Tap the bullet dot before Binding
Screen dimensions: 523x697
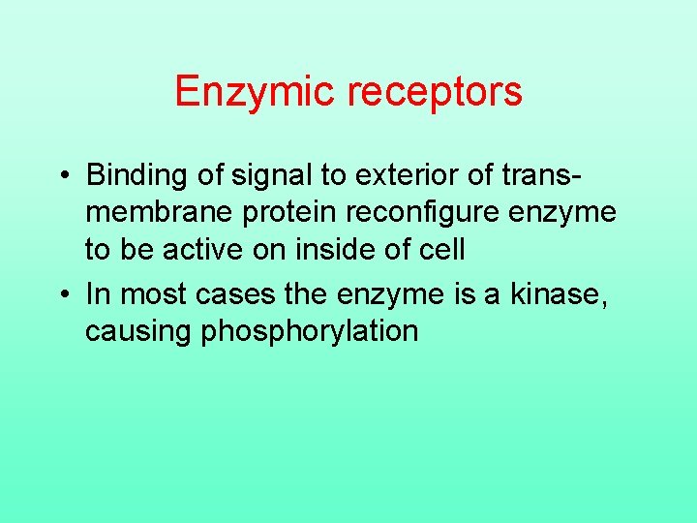pos(62,175)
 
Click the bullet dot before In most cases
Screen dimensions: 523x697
pos(62,292)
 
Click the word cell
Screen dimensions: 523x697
pos(442,250)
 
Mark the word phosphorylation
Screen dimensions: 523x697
pos(309,331)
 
